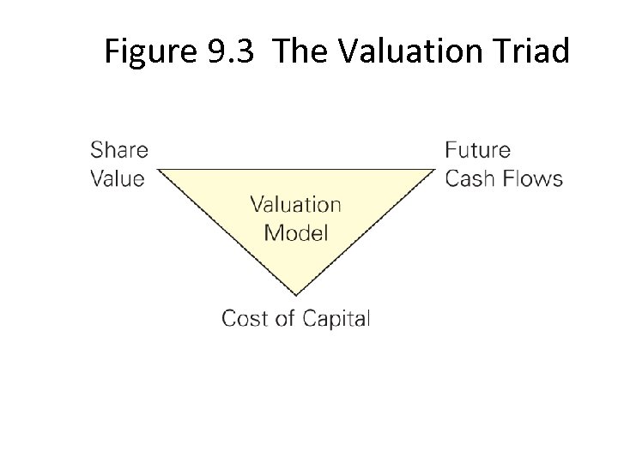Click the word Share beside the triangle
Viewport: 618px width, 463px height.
(x=118, y=150)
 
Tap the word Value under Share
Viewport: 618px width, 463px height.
(x=117, y=179)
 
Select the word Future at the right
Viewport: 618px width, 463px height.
(x=477, y=150)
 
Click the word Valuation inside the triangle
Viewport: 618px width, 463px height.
(x=295, y=204)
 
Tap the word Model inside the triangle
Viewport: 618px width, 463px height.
(x=295, y=232)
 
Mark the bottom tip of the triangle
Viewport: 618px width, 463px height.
(x=296, y=294)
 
